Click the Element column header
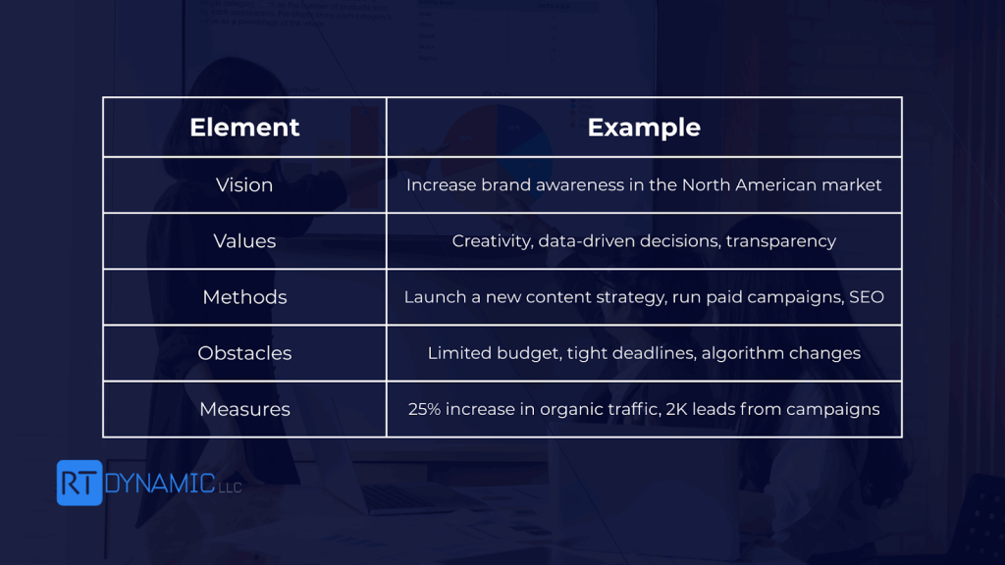[x=244, y=128]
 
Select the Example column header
[x=644, y=128]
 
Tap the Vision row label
[x=244, y=185]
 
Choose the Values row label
[x=244, y=241]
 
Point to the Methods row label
[x=244, y=297]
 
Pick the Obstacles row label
[x=244, y=353]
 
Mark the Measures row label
[x=244, y=409]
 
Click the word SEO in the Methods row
[x=867, y=297]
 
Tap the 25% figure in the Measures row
[x=424, y=409]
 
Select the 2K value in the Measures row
[x=676, y=409]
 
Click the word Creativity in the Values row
[x=493, y=241]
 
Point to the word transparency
[x=780, y=242]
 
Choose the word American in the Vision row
[x=775, y=185]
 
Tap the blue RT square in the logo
[x=79, y=483]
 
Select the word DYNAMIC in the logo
[x=160, y=483]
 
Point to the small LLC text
[x=230, y=488]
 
